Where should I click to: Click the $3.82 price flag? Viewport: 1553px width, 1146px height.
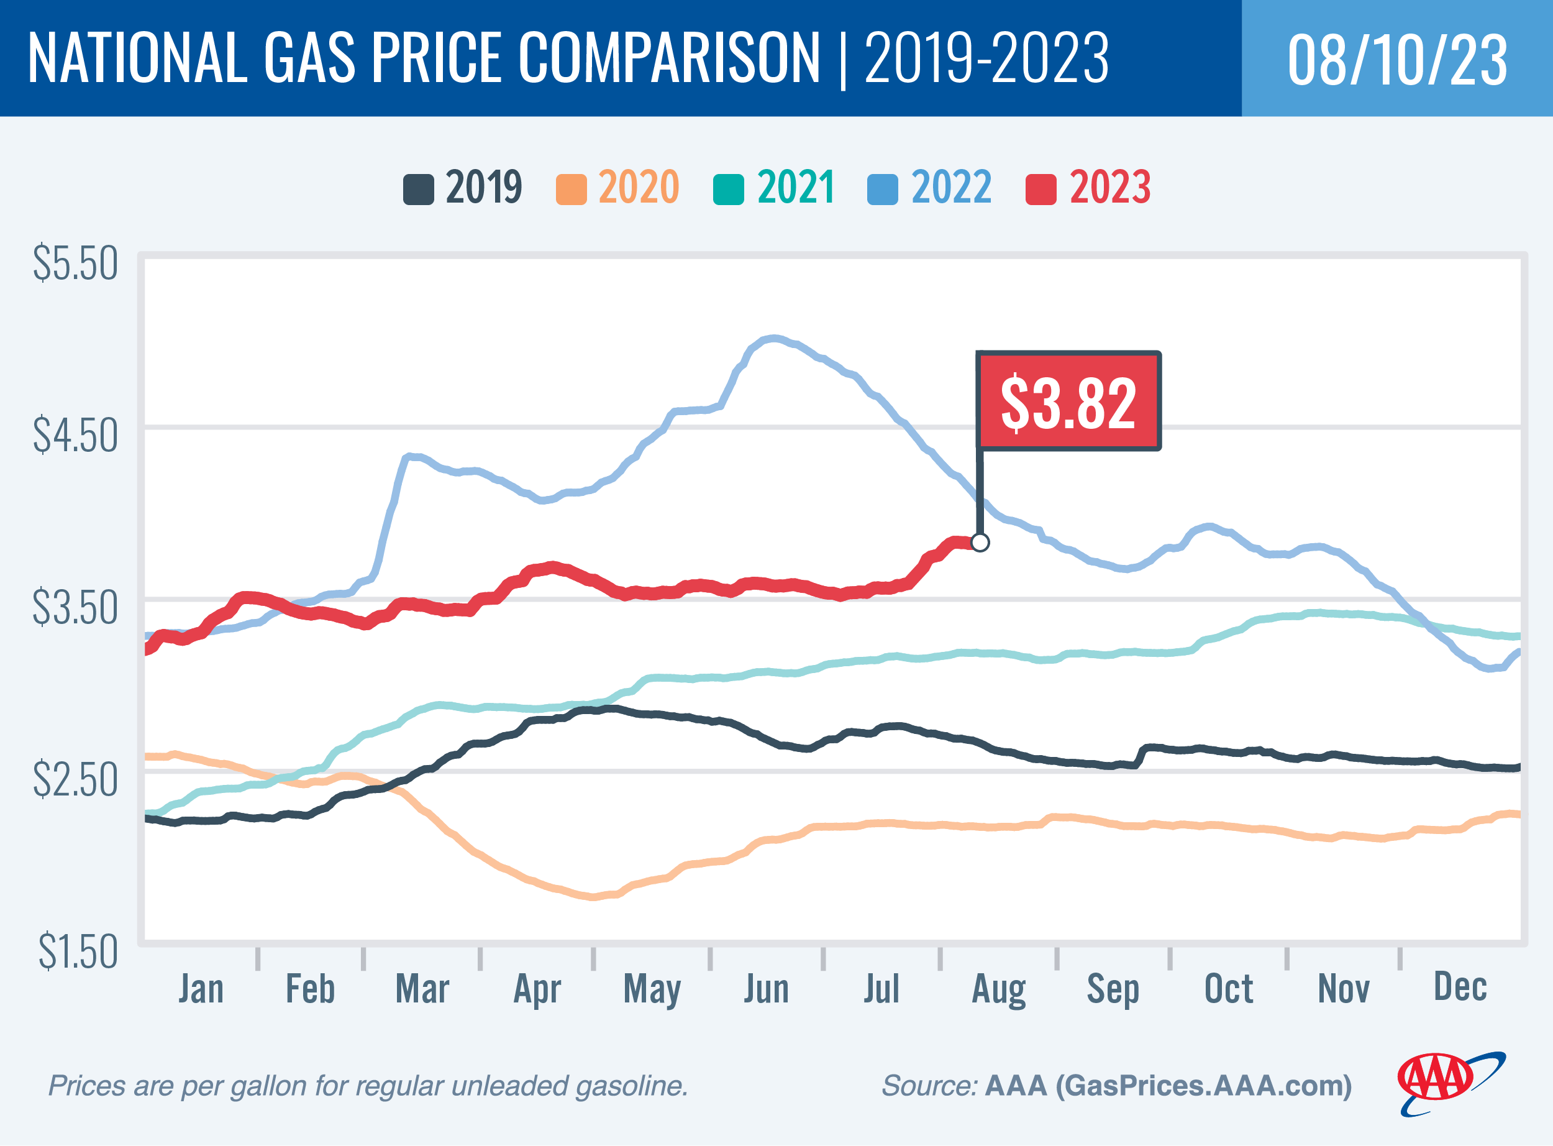click(1068, 401)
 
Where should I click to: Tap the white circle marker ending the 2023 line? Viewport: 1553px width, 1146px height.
click(980, 543)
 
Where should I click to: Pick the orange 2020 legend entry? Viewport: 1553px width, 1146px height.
click(617, 187)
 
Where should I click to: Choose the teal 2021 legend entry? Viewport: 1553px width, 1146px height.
click(775, 187)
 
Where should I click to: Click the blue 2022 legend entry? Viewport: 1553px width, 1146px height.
click(930, 187)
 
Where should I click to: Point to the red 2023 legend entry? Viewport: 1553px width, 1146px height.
click(1088, 187)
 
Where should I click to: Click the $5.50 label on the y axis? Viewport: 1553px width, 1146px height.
click(75, 264)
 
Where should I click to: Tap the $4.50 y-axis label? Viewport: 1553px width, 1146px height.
click(75, 436)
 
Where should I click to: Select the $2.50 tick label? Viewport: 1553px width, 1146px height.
click(75, 780)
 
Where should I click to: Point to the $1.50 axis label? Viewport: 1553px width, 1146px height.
click(78, 951)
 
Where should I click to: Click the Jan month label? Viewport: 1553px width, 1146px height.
click(201, 989)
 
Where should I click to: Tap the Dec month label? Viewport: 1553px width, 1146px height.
click(1460, 986)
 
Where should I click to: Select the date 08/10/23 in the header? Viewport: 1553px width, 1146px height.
click(1397, 60)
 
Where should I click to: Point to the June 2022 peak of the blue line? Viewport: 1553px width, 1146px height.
click(773, 339)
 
